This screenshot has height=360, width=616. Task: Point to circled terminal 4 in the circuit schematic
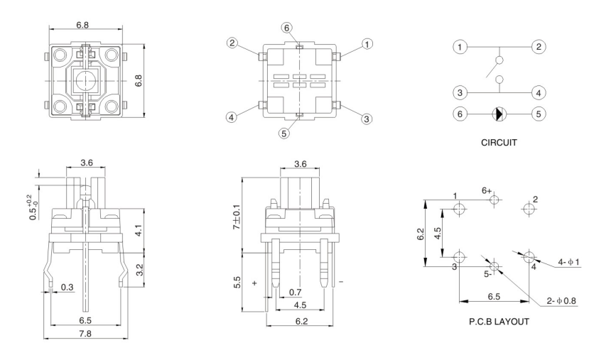pos(537,92)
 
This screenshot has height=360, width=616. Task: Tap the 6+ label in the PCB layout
pos(487,190)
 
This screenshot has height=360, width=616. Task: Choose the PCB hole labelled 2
pos(528,209)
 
